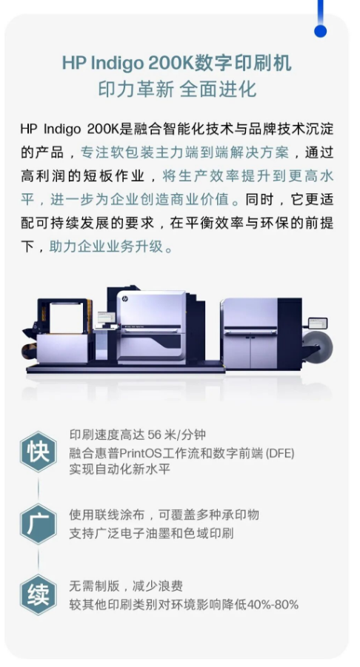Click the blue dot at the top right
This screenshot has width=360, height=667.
tap(321, 31)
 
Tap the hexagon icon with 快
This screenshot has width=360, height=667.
tap(39, 452)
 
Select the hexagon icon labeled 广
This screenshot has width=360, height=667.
tap(39, 524)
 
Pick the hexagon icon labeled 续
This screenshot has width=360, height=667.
tap(39, 594)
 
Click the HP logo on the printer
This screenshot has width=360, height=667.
tap(125, 300)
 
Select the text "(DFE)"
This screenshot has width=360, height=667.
tap(279, 453)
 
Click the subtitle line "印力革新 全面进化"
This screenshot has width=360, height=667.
tap(177, 90)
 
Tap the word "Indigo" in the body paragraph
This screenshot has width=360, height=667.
tap(62, 129)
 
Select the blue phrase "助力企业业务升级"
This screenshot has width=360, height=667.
tap(107, 247)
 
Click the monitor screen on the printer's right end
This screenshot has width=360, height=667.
tap(318, 324)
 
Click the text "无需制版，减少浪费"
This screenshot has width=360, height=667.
tap(126, 586)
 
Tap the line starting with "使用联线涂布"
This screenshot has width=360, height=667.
tap(164, 515)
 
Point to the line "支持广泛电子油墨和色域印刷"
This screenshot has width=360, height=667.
tap(152, 534)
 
